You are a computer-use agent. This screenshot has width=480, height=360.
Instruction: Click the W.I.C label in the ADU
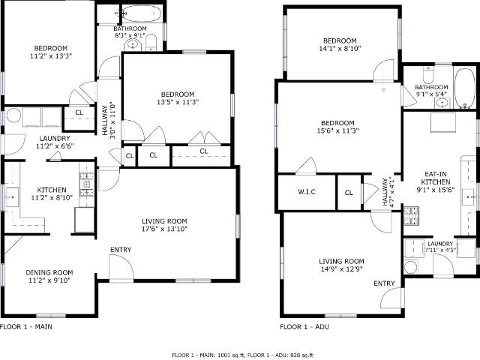click(x=307, y=192)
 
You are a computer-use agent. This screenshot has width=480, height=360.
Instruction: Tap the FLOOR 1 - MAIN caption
click(x=26, y=327)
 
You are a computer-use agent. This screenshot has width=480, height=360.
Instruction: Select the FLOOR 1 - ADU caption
click(x=304, y=327)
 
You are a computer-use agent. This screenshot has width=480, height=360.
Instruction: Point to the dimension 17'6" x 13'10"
click(x=164, y=229)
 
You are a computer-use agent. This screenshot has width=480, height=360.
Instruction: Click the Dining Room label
click(x=49, y=272)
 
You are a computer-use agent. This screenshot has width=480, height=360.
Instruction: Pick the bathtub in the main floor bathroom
click(x=142, y=13)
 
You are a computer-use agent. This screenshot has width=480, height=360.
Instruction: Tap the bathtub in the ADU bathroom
click(x=465, y=88)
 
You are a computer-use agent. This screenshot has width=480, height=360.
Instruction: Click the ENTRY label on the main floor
click(x=121, y=250)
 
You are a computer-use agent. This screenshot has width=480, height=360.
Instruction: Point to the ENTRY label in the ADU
click(x=384, y=283)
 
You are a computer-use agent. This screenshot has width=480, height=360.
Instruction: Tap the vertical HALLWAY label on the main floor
click(x=105, y=121)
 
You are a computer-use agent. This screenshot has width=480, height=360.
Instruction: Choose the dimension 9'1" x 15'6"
click(x=435, y=190)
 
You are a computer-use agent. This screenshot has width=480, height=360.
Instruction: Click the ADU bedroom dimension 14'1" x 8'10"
click(x=340, y=48)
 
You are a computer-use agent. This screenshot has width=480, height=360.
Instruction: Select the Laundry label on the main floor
click(x=55, y=138)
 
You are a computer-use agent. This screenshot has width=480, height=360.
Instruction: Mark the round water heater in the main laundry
click(x=13, y=116)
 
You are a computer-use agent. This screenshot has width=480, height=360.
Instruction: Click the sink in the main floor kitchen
click(x=12, y=197)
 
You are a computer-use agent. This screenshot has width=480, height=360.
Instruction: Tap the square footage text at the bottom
click(x=242, y=355)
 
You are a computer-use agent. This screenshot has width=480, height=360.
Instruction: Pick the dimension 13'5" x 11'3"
click(x=178, y=102)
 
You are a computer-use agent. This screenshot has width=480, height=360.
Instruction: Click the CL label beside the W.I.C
click(x=349, y=193)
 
